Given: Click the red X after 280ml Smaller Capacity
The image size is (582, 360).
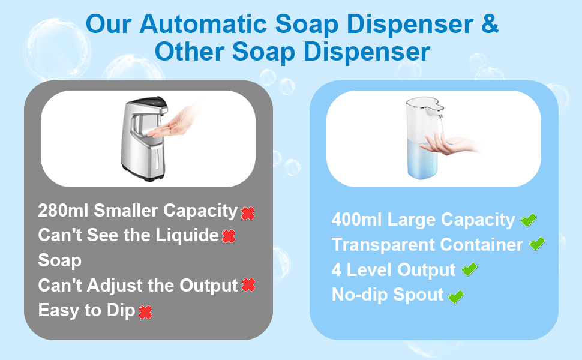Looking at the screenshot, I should [248, 212].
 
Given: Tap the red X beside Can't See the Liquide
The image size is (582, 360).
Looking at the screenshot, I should [229, 236].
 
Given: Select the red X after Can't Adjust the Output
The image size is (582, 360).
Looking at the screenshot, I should [248, 286].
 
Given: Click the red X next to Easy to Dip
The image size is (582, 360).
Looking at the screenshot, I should [145, 312].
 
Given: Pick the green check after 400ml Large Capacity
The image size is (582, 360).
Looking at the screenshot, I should [529, 220].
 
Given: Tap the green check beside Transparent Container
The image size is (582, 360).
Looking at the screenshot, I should [537, 244].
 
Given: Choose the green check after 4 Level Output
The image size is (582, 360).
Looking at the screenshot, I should [469, 270].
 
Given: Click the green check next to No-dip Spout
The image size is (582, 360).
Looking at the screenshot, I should [457, 296].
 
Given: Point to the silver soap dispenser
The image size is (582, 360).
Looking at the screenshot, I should [143, 140].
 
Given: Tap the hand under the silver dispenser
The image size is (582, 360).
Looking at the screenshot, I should [181, 123].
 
